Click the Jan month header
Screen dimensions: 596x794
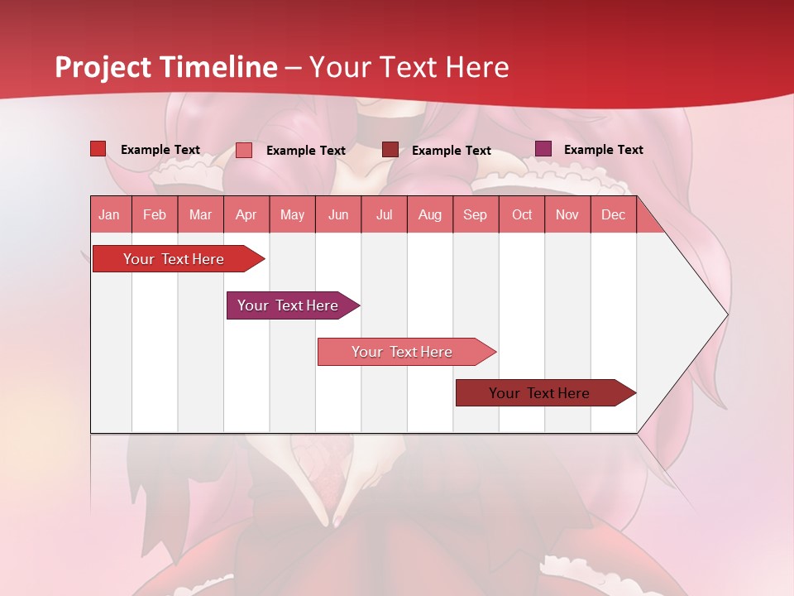[x=109, y=214]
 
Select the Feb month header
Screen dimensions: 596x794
[x=155, y=214]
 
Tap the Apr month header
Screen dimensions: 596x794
[x=246, y=214]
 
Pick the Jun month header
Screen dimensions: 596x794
[x=338, y=214]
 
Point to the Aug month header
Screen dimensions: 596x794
[x=429, y=214]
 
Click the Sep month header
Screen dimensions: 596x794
[x=475, y=214]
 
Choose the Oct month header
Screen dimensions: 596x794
[x=522, y=214]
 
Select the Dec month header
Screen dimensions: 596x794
[x=613, y=214]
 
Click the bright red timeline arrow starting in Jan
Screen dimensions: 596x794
[x=175, y=259]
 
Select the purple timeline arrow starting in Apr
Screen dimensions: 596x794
[x=289, y=305]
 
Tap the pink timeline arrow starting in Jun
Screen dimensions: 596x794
[x=403, y=352]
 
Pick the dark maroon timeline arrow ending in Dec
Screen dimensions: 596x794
[x=540, y=393]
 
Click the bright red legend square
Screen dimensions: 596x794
[x=98, y=149]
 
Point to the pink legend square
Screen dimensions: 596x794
[x=243, y=150]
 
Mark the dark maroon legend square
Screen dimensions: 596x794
[x=390, y=150]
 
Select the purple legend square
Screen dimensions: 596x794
[x=543, y=149]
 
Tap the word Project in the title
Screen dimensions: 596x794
[x=103, y=67]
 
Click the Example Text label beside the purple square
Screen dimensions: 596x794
[x=603, y=150]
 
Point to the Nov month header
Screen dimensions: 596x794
[x=567, y=214]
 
